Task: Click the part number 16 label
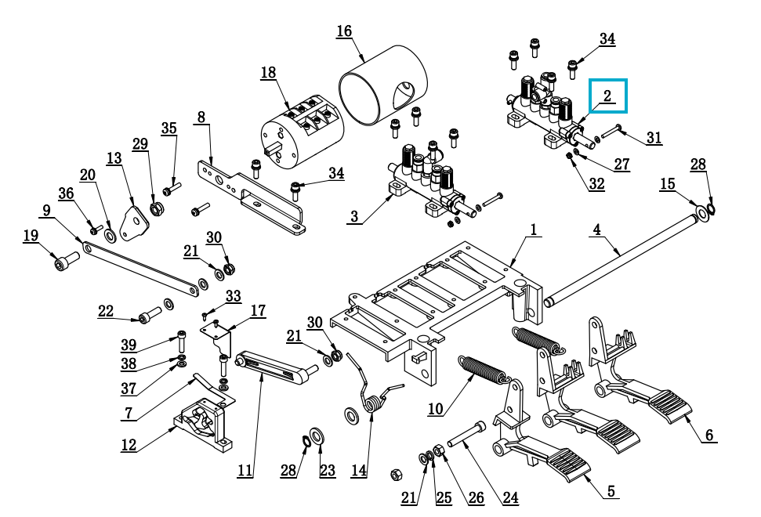pos(344,31)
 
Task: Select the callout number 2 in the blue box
pos(607,96)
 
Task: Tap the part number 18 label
pos(268,73)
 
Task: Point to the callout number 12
pos(129,445)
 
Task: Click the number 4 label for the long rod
pos(597,230)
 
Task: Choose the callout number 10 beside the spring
pos(435,409)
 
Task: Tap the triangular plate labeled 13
pos(133,223)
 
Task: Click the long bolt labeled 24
pos(466,435)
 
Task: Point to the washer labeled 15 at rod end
pos(701,212)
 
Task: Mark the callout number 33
pos(234,296)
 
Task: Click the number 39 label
pos(129,345)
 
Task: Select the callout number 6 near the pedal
pos(709,435)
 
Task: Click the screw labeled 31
pos(613,130)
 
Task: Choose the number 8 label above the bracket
pos(201,117)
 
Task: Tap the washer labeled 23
pos(317,436)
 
